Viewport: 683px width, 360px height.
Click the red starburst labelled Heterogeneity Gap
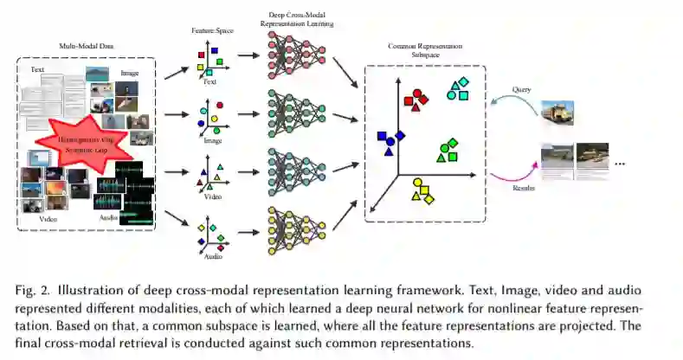pyautogui.click(x=83, y=143)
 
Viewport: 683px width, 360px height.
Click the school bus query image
pyautogui.click(x=557, y=112)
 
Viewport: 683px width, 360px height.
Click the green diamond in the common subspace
pyautogui.click(x=452, y=145)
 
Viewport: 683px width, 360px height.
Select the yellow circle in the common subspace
pyautogui.click(x=419, y=183)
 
